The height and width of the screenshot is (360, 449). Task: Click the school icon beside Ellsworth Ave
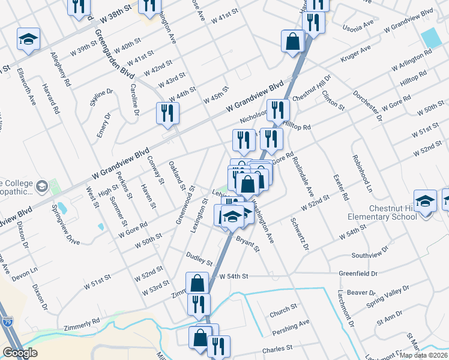tap(28, 40)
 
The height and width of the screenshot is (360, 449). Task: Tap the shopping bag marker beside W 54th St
tap(197, 284)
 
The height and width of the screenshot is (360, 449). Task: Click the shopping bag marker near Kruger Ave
tap(293, 42)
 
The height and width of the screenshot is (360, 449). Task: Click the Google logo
tap(20, 353)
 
